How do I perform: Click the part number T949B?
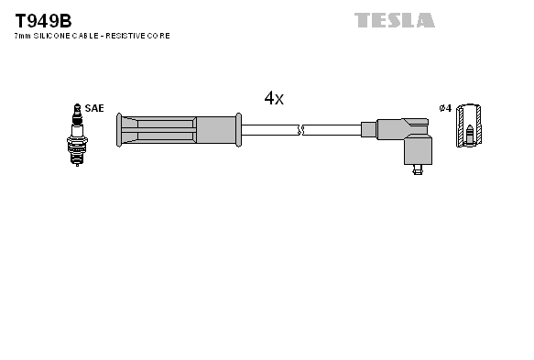[43, 19]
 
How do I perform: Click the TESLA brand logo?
[395, 19]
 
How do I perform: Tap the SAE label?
[93, 108]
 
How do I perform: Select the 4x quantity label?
[273, 98]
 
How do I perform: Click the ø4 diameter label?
[446, 108]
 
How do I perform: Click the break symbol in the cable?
[301, 130]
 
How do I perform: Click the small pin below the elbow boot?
[417, 169]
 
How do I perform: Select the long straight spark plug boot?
[179, 130]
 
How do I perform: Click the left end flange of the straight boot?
[120, 130]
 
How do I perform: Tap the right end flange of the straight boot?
[238, 130]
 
